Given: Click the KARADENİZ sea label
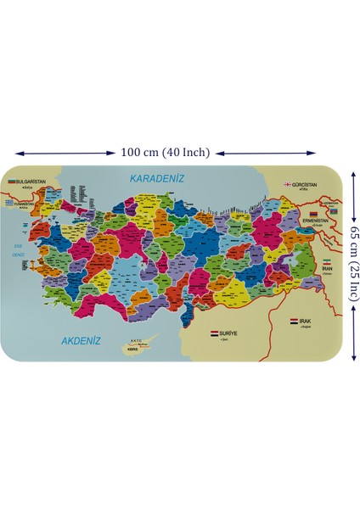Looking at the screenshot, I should (156, 178).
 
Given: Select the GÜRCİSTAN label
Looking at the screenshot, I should (302, 184).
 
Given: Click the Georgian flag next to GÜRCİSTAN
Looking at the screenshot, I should (288, 184).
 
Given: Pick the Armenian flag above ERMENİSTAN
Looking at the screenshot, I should (313, 213).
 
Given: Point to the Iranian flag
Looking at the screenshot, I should (326, 260).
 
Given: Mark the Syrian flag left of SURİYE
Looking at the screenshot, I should (214, 333).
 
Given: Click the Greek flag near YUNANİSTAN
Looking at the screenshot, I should (10, 204).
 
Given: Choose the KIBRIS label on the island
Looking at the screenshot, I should (132, 349).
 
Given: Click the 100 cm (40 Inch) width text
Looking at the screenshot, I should (165, 153).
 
